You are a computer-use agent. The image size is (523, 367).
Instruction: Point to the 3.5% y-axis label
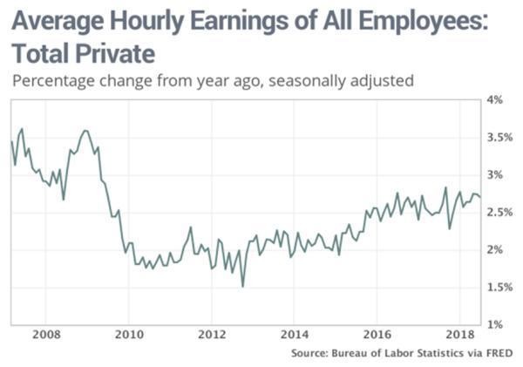click(x=494, y=137)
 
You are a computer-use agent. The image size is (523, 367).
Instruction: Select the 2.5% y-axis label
click(x=494, y=212)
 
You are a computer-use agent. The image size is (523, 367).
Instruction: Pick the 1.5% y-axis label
click(x=494, y=287)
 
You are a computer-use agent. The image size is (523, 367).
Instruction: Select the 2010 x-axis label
click(x=130, y=335)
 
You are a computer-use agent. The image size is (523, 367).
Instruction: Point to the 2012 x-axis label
click(x=213, y=335)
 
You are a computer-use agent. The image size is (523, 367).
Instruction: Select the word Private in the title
click(x=111, y=54)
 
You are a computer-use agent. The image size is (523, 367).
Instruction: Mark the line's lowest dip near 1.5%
click(x=242, y=285)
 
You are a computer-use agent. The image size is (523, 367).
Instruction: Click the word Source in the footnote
click(x=311, y=353)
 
